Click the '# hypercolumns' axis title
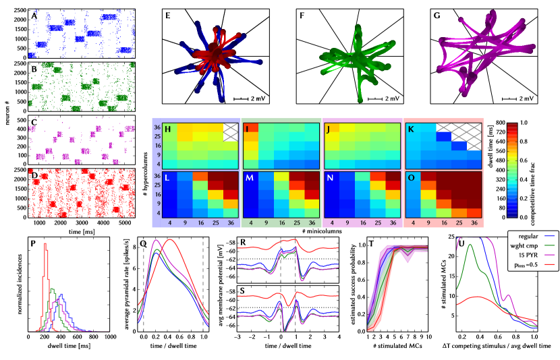click(145, 171)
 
